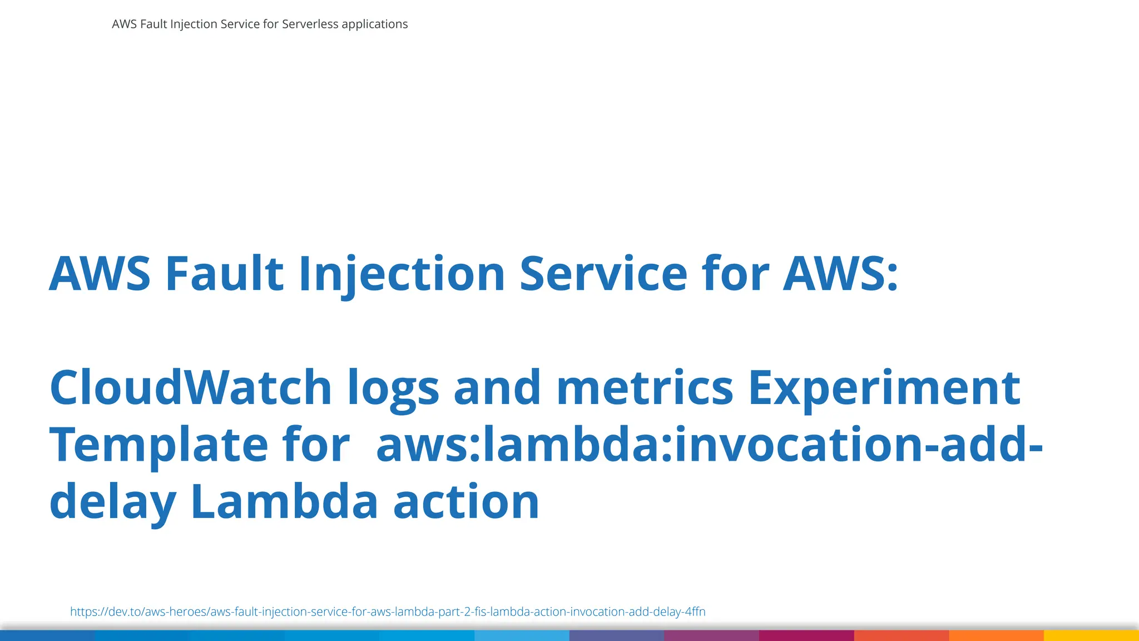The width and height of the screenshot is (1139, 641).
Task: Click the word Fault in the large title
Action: point(225,273)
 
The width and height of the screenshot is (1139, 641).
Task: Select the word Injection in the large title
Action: point(402,273)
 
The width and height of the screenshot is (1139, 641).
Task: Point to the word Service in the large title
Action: point(603,273)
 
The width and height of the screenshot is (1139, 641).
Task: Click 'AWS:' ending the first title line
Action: point(840,273)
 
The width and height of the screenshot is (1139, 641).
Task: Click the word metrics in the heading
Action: point(645,387)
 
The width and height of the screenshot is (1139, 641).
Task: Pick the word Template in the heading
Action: point(159,445)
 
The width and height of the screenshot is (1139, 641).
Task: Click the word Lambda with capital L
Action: point(284,501)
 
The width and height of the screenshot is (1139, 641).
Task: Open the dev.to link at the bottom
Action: point(388,612)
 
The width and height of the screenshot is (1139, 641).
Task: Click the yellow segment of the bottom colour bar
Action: point(1091,635)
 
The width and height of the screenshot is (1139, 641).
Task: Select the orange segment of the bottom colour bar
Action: point(996,635)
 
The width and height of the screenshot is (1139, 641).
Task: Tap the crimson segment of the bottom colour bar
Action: point(806,635)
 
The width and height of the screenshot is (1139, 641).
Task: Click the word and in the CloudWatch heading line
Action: point(497,387)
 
